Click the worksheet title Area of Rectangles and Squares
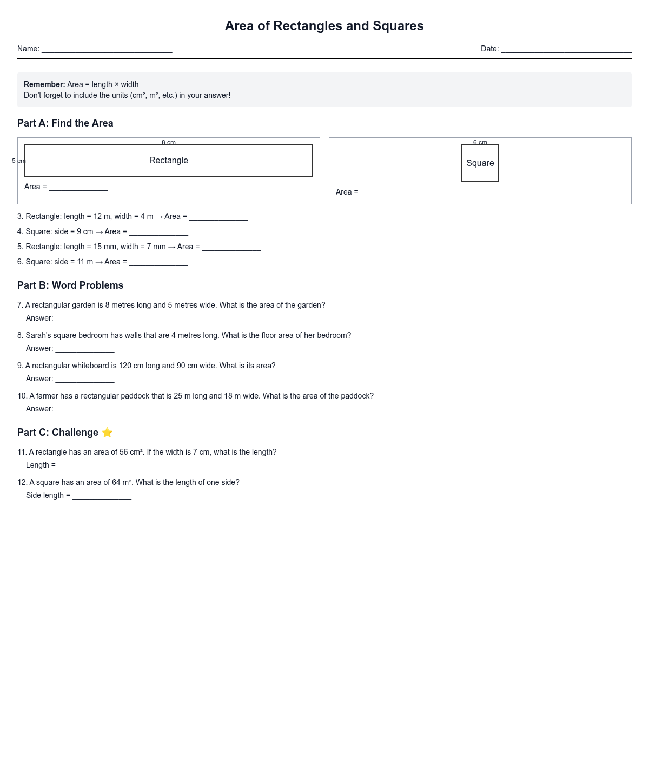click(324, 26)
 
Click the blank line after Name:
click(107, 49)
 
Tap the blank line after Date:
click(566, 49)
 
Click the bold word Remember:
click(44, 84)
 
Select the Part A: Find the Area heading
click(65, 123)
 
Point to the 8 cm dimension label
click(169, 143)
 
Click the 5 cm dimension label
click(18, 161)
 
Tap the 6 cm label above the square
click(480, 143)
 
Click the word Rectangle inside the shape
click(169, 161)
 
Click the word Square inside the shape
click(480, 163)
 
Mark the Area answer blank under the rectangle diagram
click(78, 187)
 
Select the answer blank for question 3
click(218, 217)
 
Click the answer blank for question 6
click(158, 262)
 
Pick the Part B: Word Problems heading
click(70, 285)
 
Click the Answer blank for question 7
click(85, 318)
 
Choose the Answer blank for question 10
click(85, 409)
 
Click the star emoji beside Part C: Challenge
click(107, 433)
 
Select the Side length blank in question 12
click(102, 496)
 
